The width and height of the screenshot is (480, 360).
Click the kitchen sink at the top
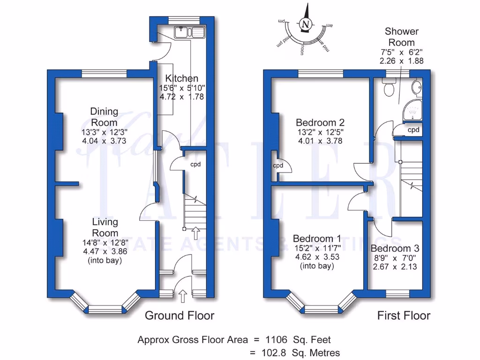point(189,32)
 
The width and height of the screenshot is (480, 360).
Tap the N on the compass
point(306,24)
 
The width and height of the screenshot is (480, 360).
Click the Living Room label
point(105,227)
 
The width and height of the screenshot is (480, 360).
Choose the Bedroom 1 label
point(316,238)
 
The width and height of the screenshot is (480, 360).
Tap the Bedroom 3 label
point(395,248)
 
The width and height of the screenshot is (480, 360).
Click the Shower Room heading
point(401,37)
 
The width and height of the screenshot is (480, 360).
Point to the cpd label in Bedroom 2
point(278,166)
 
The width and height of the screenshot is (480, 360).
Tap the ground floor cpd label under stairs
point(195,165)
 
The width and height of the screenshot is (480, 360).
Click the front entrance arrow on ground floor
point(183,296)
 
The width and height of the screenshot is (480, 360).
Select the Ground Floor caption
point(180,315)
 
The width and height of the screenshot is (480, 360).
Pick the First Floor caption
point(404,315)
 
